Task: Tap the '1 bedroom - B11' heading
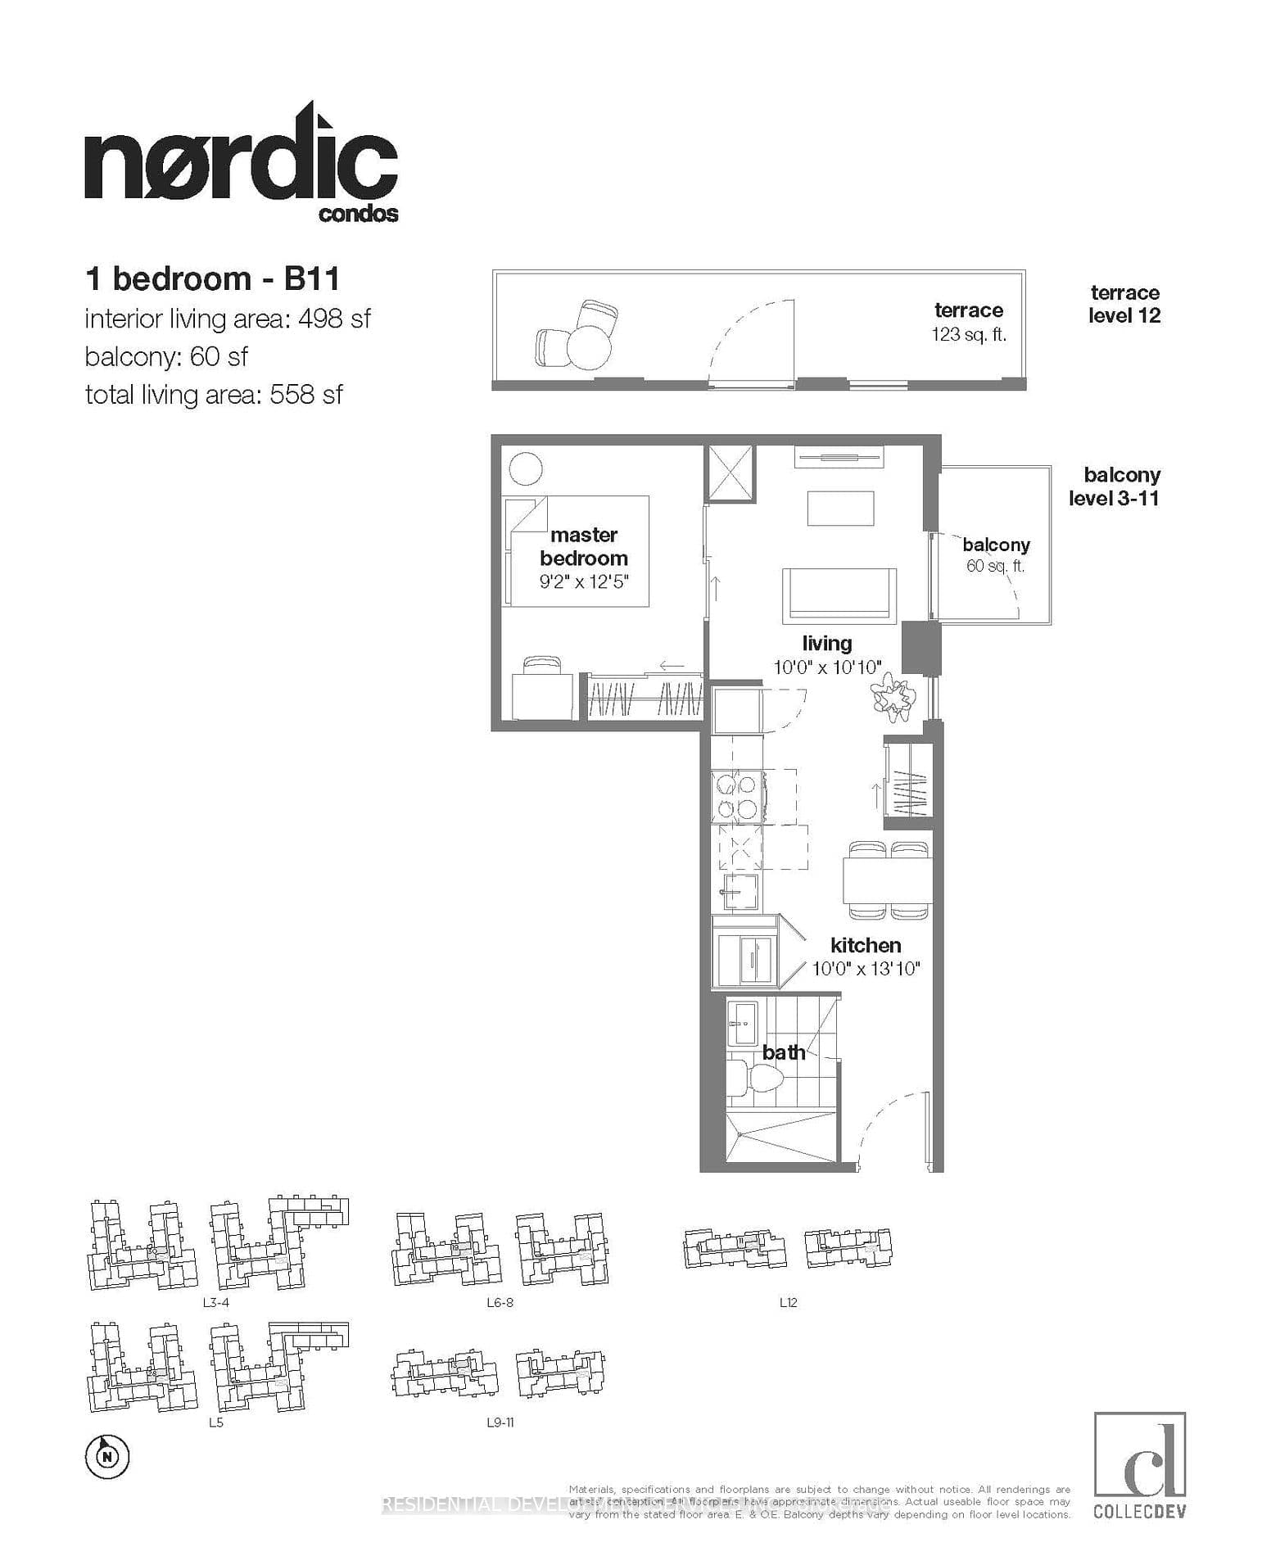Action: tap(212, 279)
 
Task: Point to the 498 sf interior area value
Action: tap(334, 319)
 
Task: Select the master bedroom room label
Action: tap(583, 546)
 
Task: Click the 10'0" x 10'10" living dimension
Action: tap(827, 667)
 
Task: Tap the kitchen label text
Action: tap(866, 945)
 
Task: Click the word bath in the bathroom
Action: tap(784, 1052)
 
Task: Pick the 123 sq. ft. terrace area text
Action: tap(968, 335)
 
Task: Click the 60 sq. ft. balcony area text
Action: tap(995, 566)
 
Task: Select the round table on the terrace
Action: tap(589, 348)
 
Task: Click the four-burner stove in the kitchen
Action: tap(736, 796)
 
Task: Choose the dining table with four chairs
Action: tap(887, 880)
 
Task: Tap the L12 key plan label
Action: tap(788, 1302)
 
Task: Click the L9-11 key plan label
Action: tap(500, 1423)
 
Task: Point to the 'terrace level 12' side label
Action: tap(1124, 304)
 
